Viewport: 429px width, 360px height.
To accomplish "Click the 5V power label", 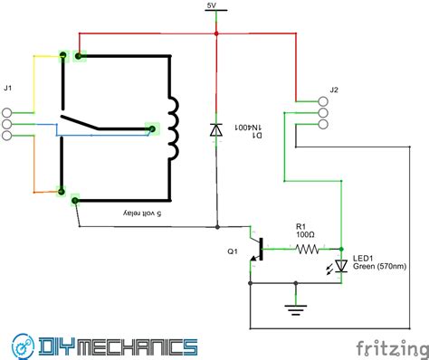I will [212, 5].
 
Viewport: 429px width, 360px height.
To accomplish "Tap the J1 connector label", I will [8, 88].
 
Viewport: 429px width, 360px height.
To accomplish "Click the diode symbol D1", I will [216, 130].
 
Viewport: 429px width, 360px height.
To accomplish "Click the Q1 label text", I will [232, 252].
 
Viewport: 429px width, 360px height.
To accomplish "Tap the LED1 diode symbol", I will [341, 266].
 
